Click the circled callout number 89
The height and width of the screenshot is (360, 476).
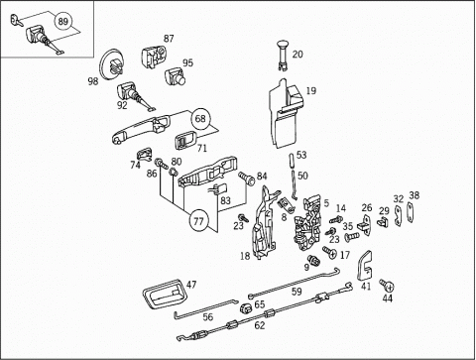click(62, 22)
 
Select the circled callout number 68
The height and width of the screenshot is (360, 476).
click(200, 118)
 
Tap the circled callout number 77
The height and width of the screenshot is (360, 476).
click(198, 220)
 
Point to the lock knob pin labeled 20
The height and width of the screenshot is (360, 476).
click(282, 55)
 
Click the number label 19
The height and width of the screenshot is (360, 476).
click(311, 90)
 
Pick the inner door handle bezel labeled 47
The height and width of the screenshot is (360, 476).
click(165, 295)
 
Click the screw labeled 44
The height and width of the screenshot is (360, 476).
click(387, 285)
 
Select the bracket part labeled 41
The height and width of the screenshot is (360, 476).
click(365, 266)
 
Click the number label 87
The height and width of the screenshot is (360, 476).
click(169, 39)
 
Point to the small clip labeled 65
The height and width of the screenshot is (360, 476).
click(246, 308)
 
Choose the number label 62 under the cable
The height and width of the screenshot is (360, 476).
click(260, 325)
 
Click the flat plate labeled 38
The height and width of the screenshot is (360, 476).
click(411, 212)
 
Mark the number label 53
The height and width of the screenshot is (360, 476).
click(301, 155)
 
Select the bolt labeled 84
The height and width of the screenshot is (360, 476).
click(247, 179)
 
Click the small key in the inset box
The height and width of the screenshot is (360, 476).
click(16, 20)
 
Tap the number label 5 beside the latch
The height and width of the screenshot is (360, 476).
click(326, 203)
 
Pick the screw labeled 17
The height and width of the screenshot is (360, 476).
click(329, 253)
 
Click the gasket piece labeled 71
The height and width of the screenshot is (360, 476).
click(185, 141)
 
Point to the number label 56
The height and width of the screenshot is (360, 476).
click(208, 317)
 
